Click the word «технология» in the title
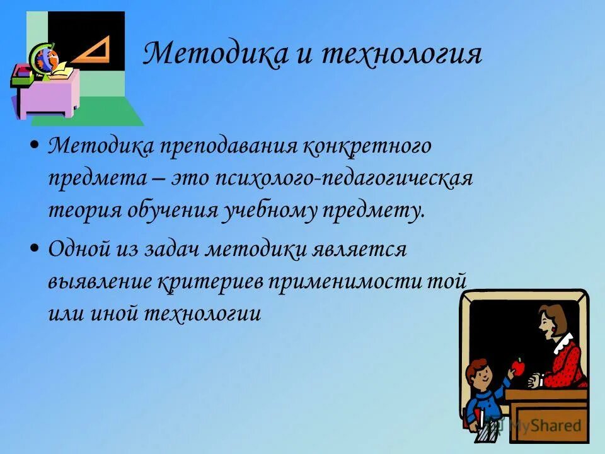pyautogui.click(x=401, y=54)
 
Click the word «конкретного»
pyautogui.click(x=367, y=147)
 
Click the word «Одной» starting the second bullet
pyautogui.click(x=80, y=249)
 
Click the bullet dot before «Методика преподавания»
pyautogui.click(x=35, y=146)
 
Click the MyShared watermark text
pyautogui.click(x=547, y=426)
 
